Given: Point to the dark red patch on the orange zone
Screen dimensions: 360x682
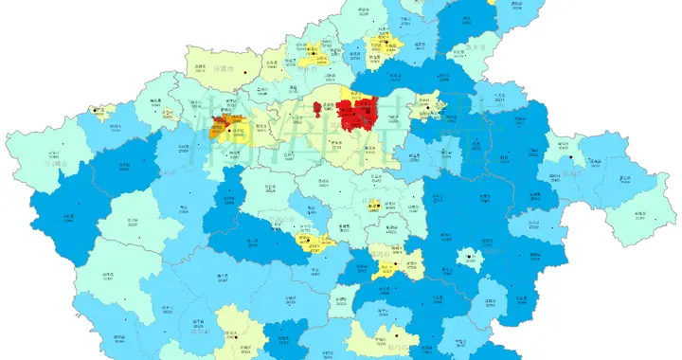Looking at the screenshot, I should [217, 122].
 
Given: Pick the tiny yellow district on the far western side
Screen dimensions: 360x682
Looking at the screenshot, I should [97, 113].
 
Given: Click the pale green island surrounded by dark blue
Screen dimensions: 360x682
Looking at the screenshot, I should [469, 258].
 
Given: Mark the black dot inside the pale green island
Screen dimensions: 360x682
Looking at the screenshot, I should [469, 256].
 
